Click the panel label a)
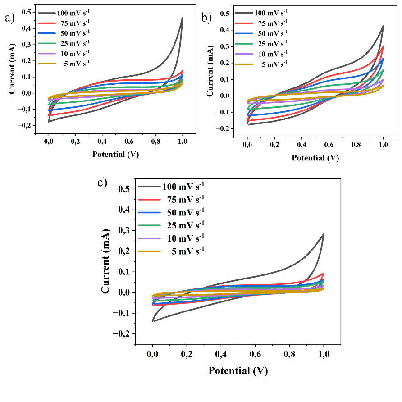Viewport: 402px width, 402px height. click(x=10, y=18)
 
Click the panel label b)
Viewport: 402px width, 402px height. click(x=207, y=18)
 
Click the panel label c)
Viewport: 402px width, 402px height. click(x=102, y=183)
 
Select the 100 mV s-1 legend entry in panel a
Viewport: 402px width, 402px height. click(x=64, y=13)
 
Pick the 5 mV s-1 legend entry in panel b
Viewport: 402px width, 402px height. click(x=261, y=64)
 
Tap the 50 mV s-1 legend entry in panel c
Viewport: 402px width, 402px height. click(x=171, y=213)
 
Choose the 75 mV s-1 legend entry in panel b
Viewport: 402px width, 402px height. click(x=261, y=23)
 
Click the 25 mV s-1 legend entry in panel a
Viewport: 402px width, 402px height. click(x=64, y=43)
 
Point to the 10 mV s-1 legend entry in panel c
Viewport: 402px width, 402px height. click(x=171, y=238)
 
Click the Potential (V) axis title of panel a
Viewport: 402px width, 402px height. click(x=116, y=154)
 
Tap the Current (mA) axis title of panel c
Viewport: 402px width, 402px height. click(x=105, y=261)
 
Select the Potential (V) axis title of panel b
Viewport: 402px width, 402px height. click(x=315, y=158)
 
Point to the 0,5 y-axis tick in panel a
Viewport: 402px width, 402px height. click(x=27, y=12)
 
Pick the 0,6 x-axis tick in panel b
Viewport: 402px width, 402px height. click(x=329, y=145)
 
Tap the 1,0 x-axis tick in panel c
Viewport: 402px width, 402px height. click(x=324, y=354)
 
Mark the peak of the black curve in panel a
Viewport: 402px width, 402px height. click(x=182, y=18)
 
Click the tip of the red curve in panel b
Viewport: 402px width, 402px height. click(x=383, y=46)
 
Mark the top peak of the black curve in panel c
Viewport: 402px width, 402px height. click(x=324, y=234)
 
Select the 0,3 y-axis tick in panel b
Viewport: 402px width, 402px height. click(x=225, y=46)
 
